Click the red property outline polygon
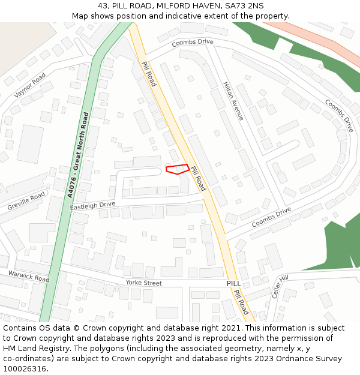pos(178,169)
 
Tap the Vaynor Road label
pos(30,85)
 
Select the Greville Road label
pos(26,201)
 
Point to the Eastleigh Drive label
pos(92,205)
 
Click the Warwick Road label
pos(28,276)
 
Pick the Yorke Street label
pos(143,283)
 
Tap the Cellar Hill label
pos(280,287)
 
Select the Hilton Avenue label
pos(233,101)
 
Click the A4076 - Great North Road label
pos(78,154)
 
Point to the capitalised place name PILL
pos(233,283)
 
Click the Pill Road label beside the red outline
pos(198,178)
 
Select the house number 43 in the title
pos(103,5)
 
